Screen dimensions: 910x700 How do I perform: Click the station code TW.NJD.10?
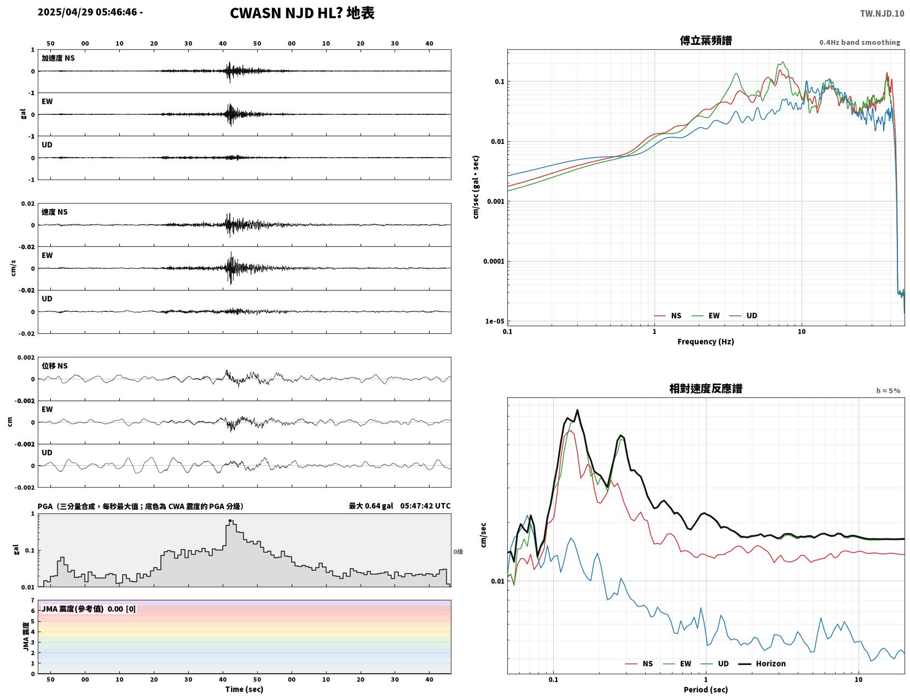[882, 13]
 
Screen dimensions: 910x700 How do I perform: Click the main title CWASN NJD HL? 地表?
[302, 13]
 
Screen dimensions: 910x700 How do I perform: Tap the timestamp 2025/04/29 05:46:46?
[87, 11]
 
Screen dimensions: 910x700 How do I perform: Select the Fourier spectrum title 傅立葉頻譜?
[706, 41]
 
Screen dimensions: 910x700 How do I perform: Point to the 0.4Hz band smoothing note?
[859, 42]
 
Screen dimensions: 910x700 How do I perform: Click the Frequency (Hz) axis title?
[706, 342]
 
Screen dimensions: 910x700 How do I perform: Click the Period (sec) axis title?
[706, 690]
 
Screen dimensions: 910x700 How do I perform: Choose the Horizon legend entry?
[762, 663]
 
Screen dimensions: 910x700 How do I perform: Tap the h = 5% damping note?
[888, 391]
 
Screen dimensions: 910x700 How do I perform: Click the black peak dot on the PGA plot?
[230, 521]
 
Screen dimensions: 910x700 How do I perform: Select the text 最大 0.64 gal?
[371, 506]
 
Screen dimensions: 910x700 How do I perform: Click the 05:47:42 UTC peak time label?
[426, 506]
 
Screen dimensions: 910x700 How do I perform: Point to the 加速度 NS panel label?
[58, 58]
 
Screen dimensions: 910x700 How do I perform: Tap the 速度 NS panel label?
[54, 212]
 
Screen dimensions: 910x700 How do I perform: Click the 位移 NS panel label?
[54, 366]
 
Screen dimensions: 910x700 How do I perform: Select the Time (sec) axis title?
[244, 689]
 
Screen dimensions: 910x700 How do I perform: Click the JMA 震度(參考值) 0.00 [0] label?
[88, 609]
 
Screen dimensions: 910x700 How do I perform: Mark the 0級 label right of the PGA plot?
[458, 552]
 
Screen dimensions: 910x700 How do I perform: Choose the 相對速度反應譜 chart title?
[706, 389]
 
